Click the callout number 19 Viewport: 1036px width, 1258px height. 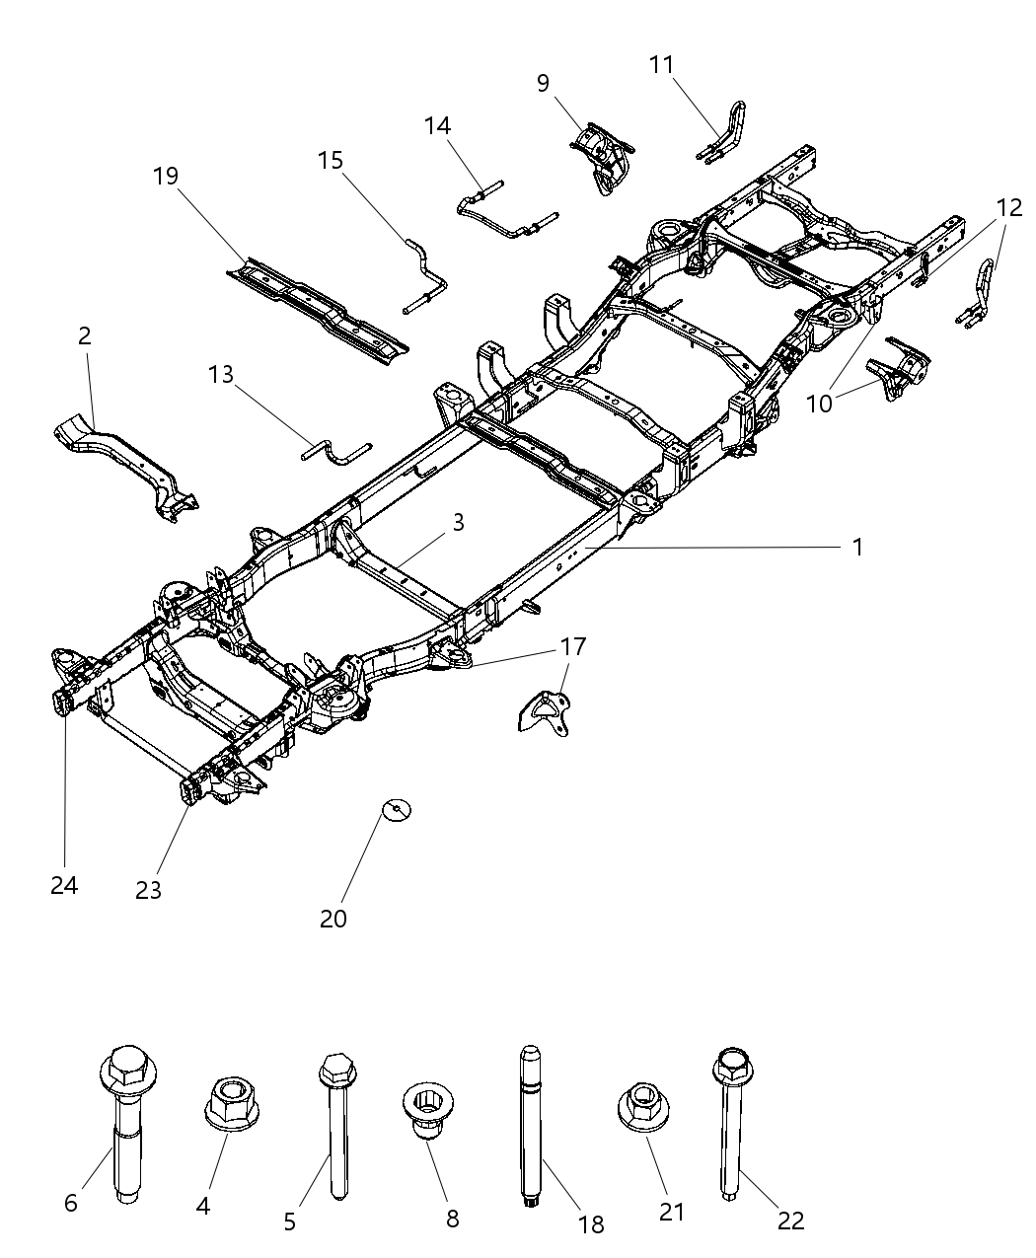(x=166, y=177)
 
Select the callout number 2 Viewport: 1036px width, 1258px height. (x=85, y=335)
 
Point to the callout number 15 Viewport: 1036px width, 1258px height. (x=331, y=159)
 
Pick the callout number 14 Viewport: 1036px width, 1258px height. (x=437, y=125)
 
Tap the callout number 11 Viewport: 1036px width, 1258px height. (x=661, y=65)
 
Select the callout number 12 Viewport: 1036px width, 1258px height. (x=1008, y=207)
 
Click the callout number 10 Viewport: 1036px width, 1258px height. (x=819, y=403)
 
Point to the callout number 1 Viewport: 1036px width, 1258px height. (x=857, y=547)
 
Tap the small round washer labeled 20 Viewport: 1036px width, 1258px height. (x=397, y=810)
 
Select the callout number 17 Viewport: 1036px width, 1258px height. (x=572, y=647)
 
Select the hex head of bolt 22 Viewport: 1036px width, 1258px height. (x=731, y=1067)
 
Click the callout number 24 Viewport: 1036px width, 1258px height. (x=64, y=885)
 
